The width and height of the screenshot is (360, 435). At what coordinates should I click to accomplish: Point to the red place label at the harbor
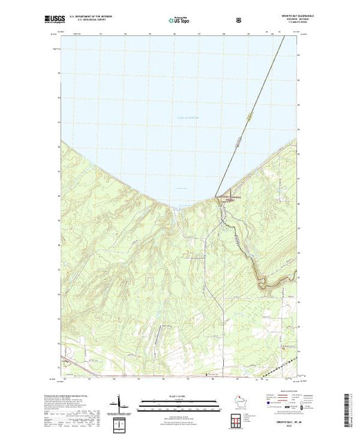click(230, 197)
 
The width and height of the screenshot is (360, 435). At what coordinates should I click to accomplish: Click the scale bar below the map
click(173, 400)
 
